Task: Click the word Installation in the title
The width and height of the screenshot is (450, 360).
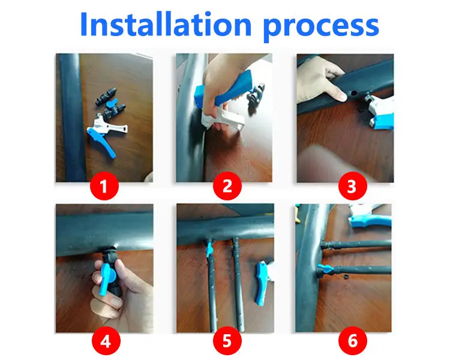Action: point(166,24)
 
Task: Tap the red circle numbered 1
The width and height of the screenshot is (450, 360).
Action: point(104,186)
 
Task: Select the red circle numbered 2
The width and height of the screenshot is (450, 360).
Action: point(227,186)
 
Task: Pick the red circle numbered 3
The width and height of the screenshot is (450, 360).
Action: point(352,186)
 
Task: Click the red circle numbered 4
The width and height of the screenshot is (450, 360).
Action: point(106,341)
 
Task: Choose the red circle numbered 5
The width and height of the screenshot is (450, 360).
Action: point(227,341)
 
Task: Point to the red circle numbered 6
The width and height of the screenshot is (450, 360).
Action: point(352,341)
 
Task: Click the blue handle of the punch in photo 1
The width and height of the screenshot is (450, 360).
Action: point(102,142)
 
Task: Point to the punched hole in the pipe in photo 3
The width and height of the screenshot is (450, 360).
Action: point(354,93)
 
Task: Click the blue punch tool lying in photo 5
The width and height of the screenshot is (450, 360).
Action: point(261,282)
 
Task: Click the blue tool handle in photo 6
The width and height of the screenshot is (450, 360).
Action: point(371,221)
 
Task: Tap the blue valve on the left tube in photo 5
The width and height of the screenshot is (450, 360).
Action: point(209,248)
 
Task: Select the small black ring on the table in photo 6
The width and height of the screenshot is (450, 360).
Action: point(346,276)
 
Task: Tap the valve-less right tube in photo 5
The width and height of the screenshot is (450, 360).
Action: point(238,284)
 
